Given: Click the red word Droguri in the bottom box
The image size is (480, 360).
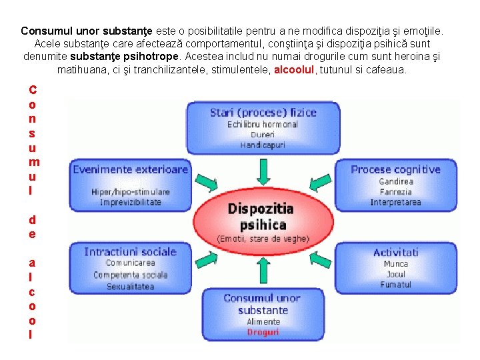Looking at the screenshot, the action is coord(263,332).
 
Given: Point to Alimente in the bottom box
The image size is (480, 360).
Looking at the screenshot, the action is coord(263,321).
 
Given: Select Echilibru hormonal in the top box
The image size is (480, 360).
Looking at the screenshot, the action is coord(262,125).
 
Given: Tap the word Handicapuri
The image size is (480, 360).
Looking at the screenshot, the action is coord(262,145).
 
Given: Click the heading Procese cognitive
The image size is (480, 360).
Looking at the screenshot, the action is coord(395,169).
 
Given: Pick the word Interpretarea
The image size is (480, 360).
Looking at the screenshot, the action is coord(395,202).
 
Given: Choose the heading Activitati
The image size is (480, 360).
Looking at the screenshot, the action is coord(395,252).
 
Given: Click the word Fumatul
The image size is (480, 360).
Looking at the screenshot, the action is coord(395,285).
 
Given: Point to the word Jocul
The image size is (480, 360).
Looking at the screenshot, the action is coord(395,274).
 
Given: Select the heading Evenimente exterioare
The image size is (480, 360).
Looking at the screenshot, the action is coord(130,169).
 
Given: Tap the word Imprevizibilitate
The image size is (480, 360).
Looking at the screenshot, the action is coord(130,202).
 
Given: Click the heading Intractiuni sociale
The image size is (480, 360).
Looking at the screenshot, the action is coord(130,252).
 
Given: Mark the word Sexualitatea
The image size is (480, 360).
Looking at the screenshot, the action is coord(130,287).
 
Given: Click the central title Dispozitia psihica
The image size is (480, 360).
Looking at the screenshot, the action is coord(261,217).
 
